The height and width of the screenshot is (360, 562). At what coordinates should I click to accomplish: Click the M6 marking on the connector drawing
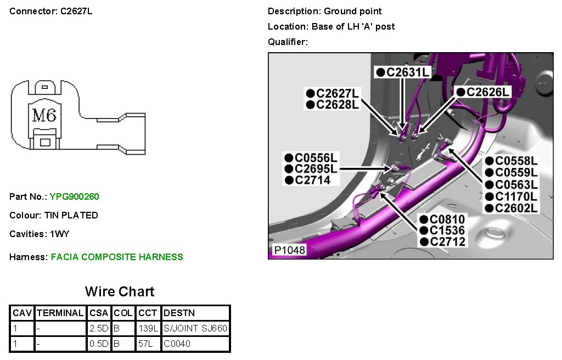pos(44,115)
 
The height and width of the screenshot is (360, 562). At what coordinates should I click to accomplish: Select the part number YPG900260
pos(75,196)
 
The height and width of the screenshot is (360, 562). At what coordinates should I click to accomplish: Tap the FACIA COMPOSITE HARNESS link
pos(117,257)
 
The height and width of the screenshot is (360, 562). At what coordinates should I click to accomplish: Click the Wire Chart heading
pos(120,291)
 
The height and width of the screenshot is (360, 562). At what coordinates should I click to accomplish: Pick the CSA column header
pos(99,313)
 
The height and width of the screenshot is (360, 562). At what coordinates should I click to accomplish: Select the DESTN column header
pos(179,313)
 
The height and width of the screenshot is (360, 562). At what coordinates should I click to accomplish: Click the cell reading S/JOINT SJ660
pos(195,328)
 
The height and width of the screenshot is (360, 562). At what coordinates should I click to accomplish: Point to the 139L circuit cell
pos(145,328)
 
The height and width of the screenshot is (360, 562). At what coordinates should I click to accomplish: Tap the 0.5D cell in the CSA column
pos(99,344)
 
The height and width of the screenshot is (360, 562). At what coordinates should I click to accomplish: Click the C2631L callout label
pos(403,72)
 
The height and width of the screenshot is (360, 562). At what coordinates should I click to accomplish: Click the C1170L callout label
pos(511,196)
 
